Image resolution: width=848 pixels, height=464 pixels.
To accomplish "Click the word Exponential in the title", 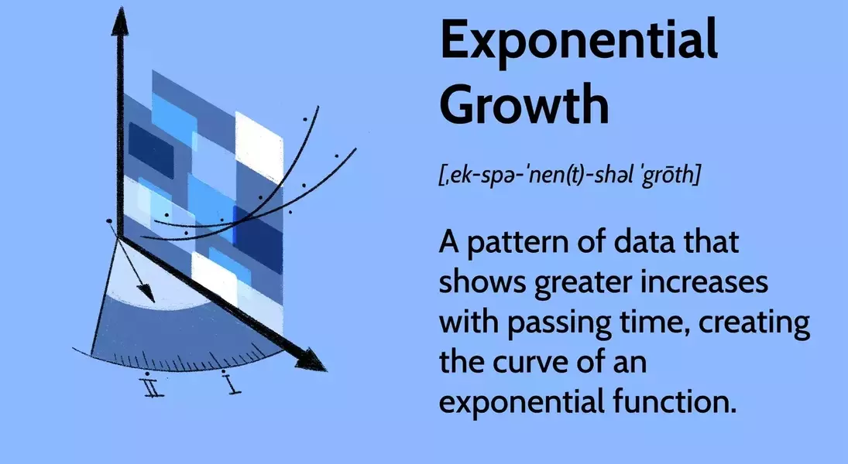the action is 579,40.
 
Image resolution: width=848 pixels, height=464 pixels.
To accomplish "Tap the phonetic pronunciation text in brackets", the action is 569,174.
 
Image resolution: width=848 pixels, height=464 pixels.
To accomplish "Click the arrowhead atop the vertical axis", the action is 120,22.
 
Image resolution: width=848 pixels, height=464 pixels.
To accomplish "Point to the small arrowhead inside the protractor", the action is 146,293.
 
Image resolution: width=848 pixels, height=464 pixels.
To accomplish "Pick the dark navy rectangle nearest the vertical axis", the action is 151,151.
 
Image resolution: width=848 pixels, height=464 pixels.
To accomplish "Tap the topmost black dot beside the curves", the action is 305,119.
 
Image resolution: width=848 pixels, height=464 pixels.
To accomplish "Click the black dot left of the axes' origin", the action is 109,221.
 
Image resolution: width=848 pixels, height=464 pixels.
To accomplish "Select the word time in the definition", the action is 654,322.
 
